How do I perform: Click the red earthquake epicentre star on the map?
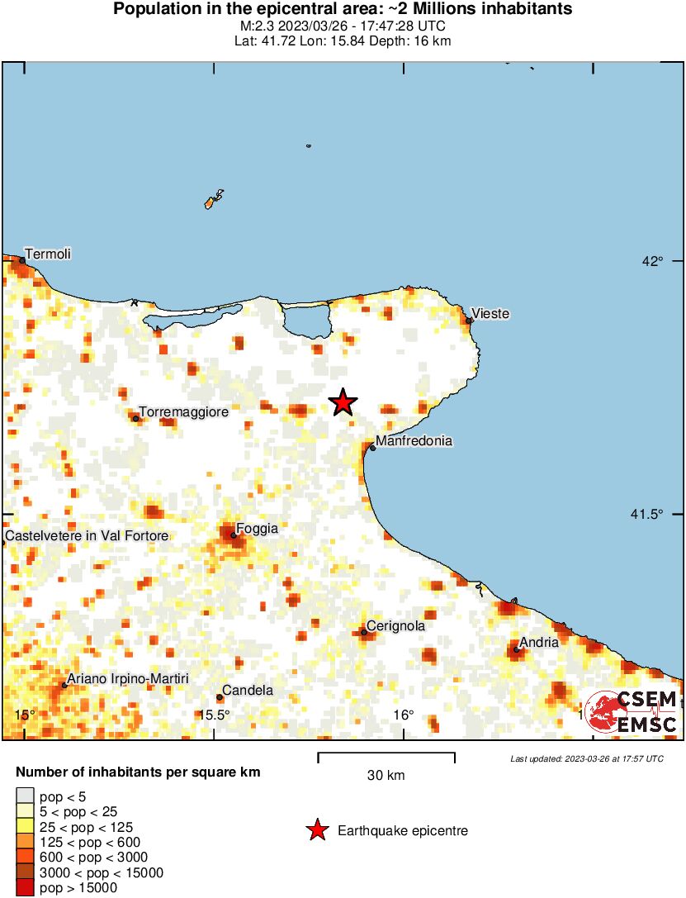(343, 402)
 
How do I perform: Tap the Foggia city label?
(257, 529)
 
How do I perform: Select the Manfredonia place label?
(414, 441)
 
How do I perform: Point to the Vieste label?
(490, 314)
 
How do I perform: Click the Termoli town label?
(48, 254)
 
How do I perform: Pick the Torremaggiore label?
(183, 411)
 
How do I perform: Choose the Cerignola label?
(395, 626)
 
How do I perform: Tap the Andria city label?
(539, 642)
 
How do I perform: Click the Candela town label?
(248, 691)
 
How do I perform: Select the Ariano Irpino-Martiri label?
(127, 679)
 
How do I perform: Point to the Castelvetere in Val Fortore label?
(87, 536)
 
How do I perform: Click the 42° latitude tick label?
(653, 262)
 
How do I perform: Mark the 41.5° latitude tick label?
(646, 515)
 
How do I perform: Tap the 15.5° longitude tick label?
(215, 715)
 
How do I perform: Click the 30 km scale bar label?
(386, 776)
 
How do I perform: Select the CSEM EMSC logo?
(632, 712)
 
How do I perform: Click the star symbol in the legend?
(317, 830)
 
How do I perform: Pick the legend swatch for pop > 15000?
(25, 888)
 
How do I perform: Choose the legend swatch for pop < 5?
(25, 797)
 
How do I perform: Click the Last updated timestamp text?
(586, 758)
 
